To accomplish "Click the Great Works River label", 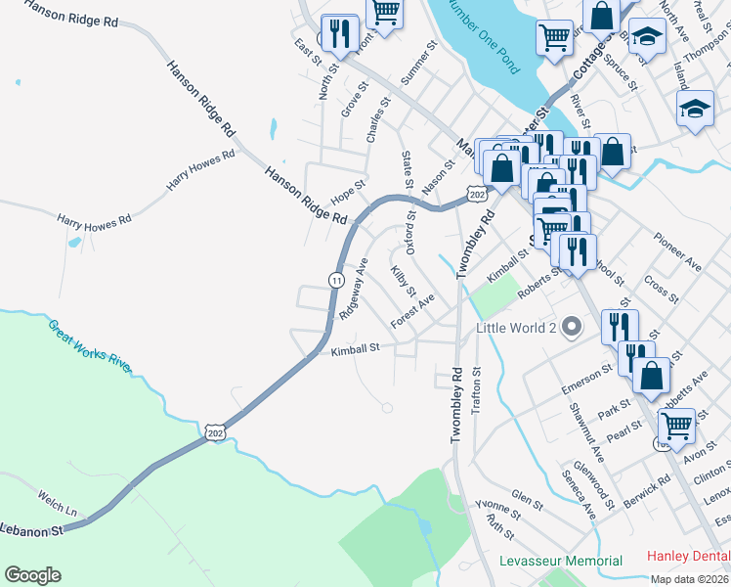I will (89, 342).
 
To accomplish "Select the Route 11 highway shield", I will (336, 279).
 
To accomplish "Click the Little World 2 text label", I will (515, 329).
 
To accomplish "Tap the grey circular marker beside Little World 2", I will (570, 329).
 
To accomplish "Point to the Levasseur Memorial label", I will (560, 561).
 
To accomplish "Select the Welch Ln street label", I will (57, 503).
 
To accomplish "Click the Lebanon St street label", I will (30, 529).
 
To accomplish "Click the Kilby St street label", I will (404, 282).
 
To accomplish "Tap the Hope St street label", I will (348, 189).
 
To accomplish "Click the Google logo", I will (32, 575).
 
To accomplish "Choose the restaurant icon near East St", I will (339, 34).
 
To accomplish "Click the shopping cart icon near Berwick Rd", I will (674, 427).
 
